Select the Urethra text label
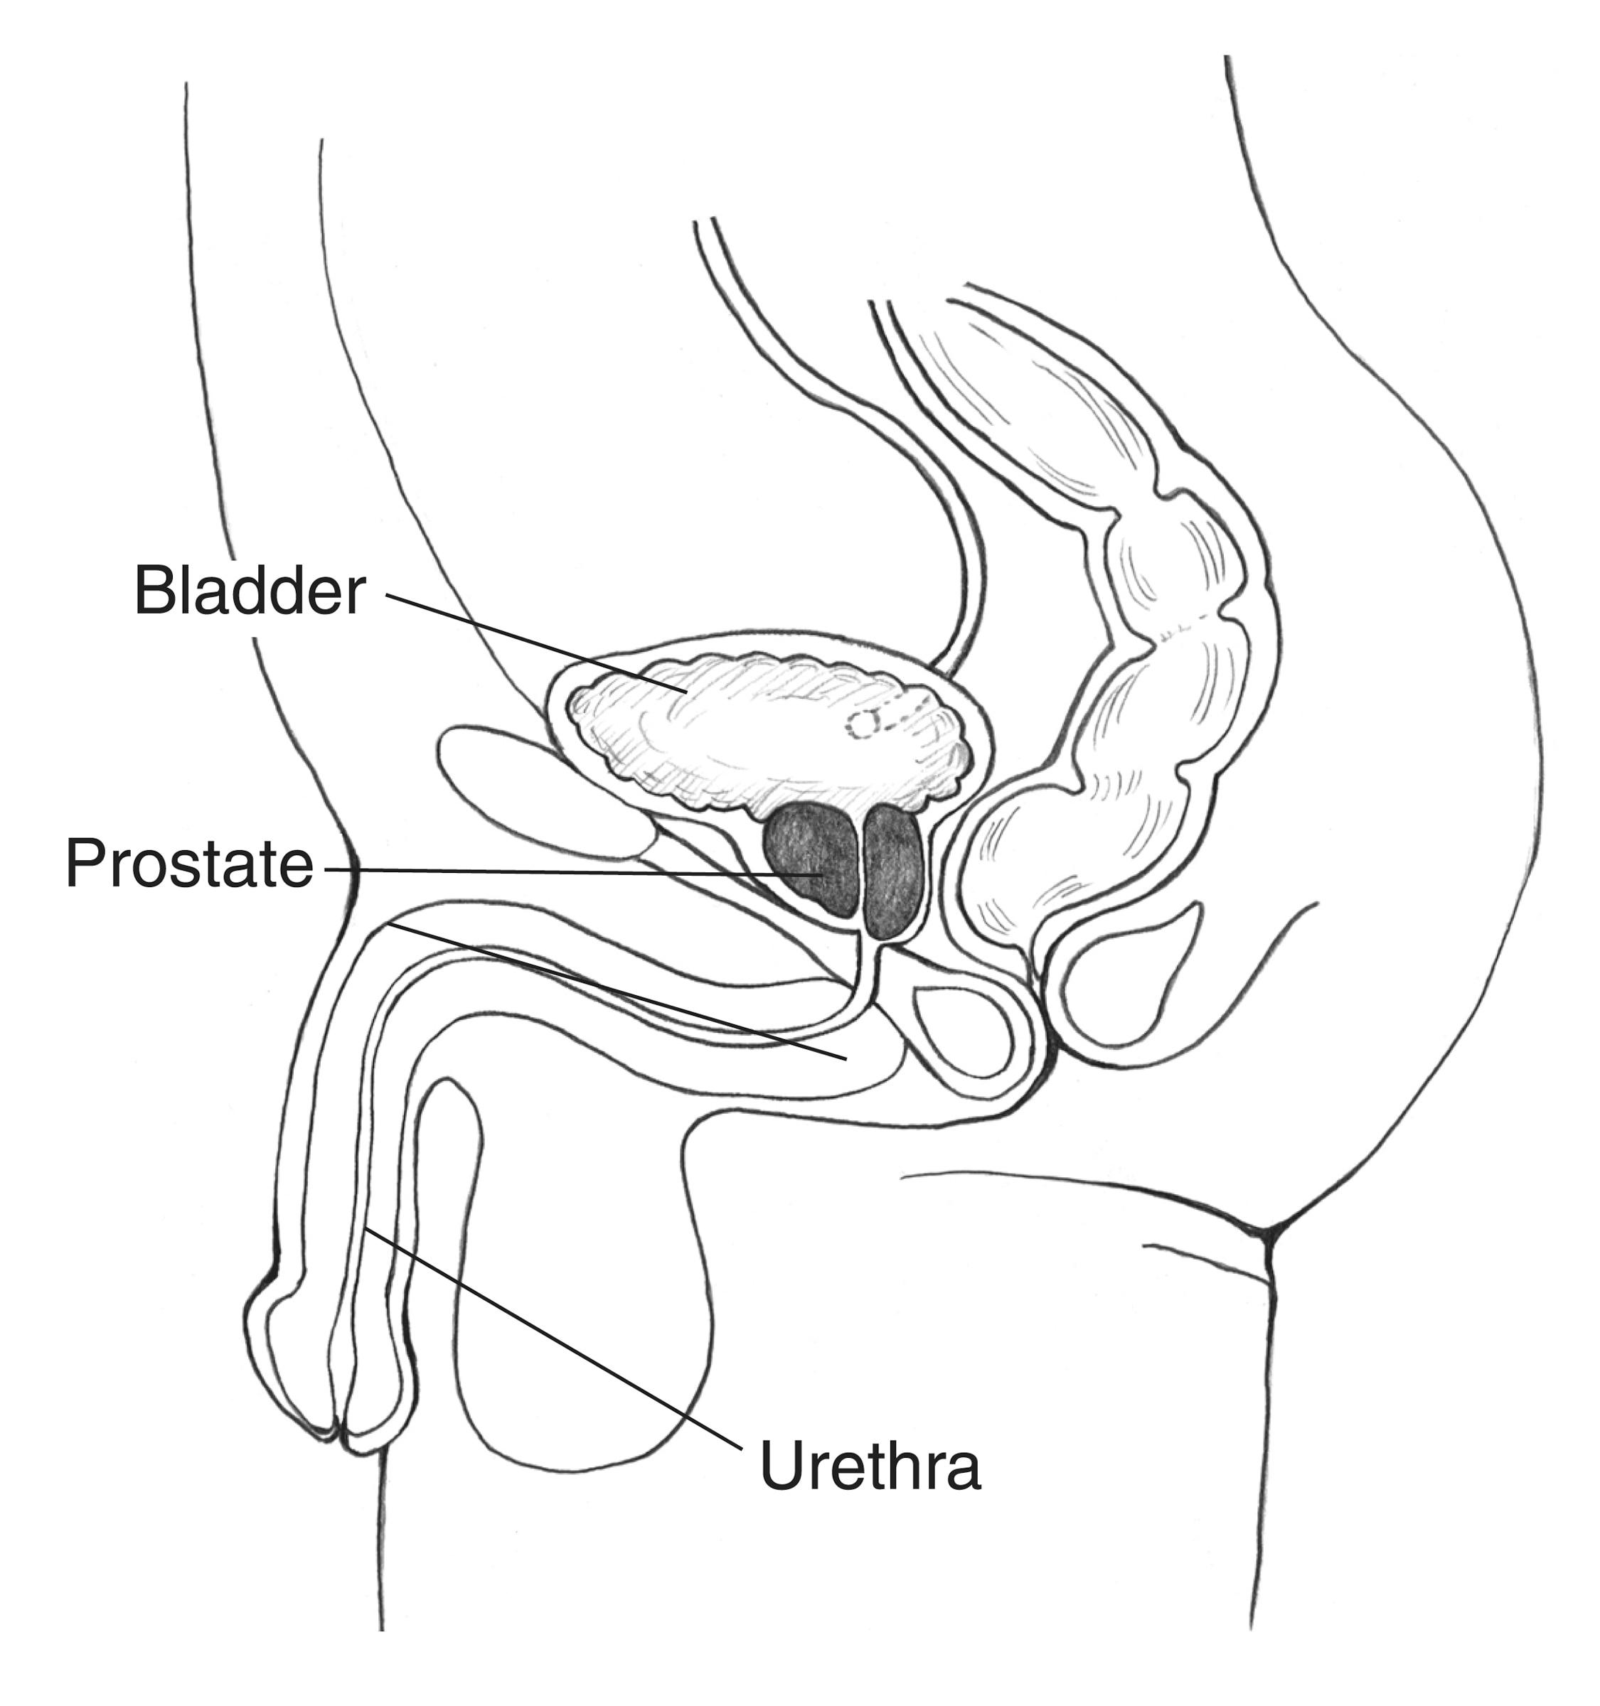[x=870, y=1466]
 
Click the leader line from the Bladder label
[x=535, y=643]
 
